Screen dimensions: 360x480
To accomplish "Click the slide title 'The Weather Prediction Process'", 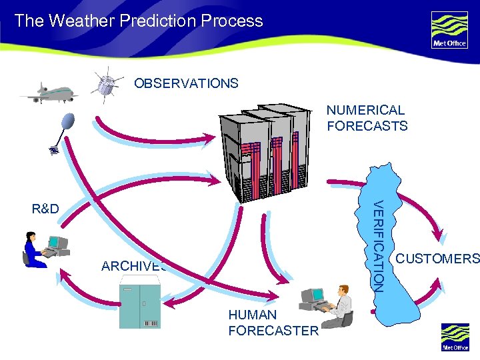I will click(x=139, y=21).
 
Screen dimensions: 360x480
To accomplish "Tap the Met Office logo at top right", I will click(x=449, y=30).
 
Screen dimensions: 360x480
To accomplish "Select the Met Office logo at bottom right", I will click(x=455, y=337).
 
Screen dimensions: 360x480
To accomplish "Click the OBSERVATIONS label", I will click(x=186, y=83).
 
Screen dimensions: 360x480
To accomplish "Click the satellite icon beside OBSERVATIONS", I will click(x=105, y=85).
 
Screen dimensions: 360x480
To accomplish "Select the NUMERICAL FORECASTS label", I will click(x=367, y=118).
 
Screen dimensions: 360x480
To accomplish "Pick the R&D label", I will click(x=45, y=209).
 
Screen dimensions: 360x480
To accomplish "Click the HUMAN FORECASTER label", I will click(x=273, y=323).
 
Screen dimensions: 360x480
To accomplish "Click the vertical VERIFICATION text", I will click(x=377, y=245).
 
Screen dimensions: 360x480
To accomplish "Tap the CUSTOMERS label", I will click(x=437, y=259).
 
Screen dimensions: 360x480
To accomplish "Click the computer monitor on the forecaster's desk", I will click(x=312, y=296).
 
